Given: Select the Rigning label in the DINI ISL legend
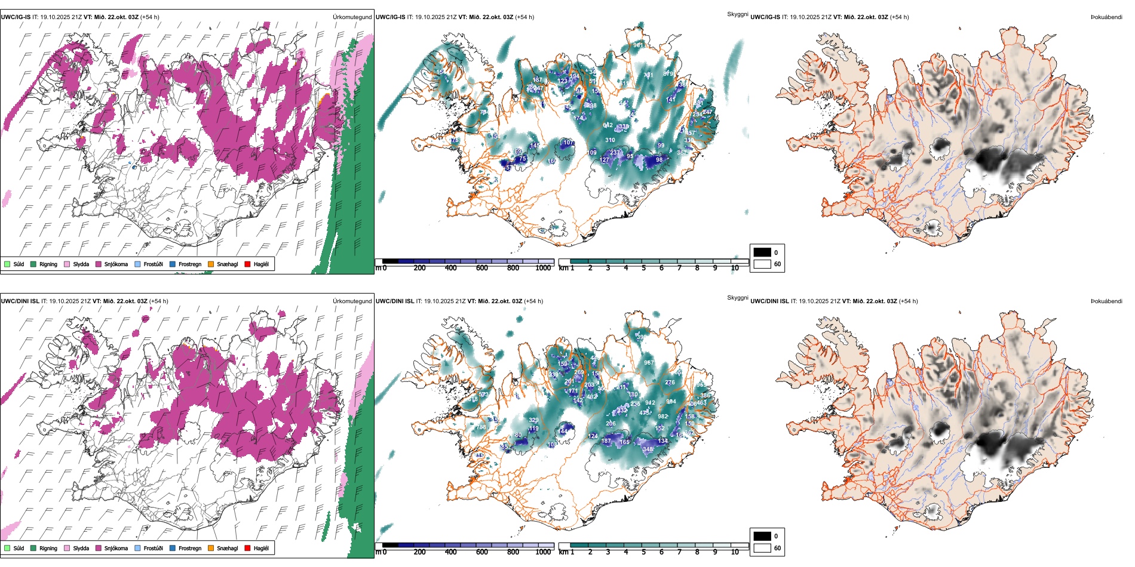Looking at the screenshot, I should tap(48, 548).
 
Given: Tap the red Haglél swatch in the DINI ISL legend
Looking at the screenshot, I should tap(247, 548).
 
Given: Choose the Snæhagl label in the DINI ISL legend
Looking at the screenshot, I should tap(227, 548).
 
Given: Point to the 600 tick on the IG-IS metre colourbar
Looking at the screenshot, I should tap(482, 268).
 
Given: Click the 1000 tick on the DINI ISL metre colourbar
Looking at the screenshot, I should tap(543, 552).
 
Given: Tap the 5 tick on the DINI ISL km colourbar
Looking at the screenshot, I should tap(643, 552).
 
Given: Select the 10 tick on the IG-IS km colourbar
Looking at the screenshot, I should tap(735, 268).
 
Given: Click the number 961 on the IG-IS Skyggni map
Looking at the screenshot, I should tap(639, 45).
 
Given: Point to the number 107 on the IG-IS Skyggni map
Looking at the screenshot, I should tap(568, 143).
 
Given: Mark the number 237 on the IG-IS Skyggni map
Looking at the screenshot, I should tap(615, 153).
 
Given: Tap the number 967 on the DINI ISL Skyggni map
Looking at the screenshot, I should tap(649, 363).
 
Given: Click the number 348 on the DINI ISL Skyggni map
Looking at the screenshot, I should tap(648, 449).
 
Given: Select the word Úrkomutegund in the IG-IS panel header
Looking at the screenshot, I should tap(352, 17).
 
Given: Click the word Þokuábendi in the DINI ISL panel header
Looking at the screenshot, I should tap(1106, 301).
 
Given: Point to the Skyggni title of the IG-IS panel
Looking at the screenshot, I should tap(737, 14).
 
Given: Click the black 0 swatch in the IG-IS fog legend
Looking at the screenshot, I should tap(762, 252).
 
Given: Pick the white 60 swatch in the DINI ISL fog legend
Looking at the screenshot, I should tap(762, 548).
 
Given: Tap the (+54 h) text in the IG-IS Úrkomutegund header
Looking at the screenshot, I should tap(150, 17).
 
